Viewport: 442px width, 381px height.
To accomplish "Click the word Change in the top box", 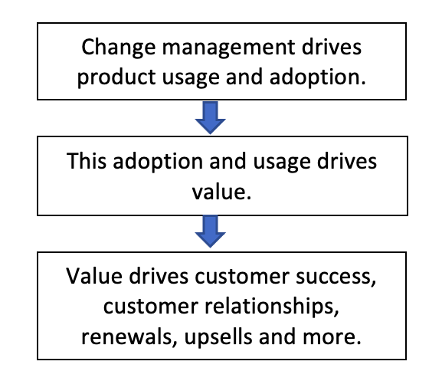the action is (119, 48).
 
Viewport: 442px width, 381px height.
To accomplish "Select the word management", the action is (228, 48).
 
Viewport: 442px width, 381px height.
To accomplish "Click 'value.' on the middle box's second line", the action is (221, 192).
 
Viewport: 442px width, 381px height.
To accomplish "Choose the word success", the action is (336, 278).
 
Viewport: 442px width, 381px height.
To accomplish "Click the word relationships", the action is (272, 307).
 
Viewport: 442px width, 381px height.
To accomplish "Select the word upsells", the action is (218, 337).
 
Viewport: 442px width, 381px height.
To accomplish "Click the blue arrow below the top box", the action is (211, 117).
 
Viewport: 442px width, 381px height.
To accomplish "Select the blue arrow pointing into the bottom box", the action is (211, 232).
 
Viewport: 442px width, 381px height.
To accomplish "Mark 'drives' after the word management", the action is (332, 47).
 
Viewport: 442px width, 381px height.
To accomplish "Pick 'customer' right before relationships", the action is (151, 307).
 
